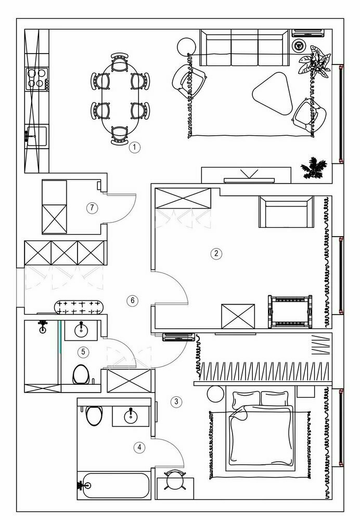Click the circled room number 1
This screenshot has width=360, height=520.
click(x=135, y=147)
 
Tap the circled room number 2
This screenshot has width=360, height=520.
click(x=215, y=254)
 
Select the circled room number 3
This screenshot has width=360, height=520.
click(x=177, y=401)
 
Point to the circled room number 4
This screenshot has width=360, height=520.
click(x=139, y=447)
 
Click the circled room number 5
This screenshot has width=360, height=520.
click(x=83, y=352)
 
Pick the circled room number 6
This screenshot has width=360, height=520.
click(x=133, y=300)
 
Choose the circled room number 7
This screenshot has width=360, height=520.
click(x=92, y=208)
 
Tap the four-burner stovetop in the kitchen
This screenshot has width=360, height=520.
click(x=37, y=79)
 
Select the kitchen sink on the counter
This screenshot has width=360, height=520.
click(x=36, y=135)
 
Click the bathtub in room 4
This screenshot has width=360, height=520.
click(x=114, y=486)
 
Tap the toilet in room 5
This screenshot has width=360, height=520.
click(x=81, y=373)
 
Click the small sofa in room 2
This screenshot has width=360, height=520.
click(x=286, y=212)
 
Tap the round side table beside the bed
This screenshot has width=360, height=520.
click(x=214, y=394)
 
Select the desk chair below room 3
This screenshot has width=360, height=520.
click(x=175, y=481)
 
